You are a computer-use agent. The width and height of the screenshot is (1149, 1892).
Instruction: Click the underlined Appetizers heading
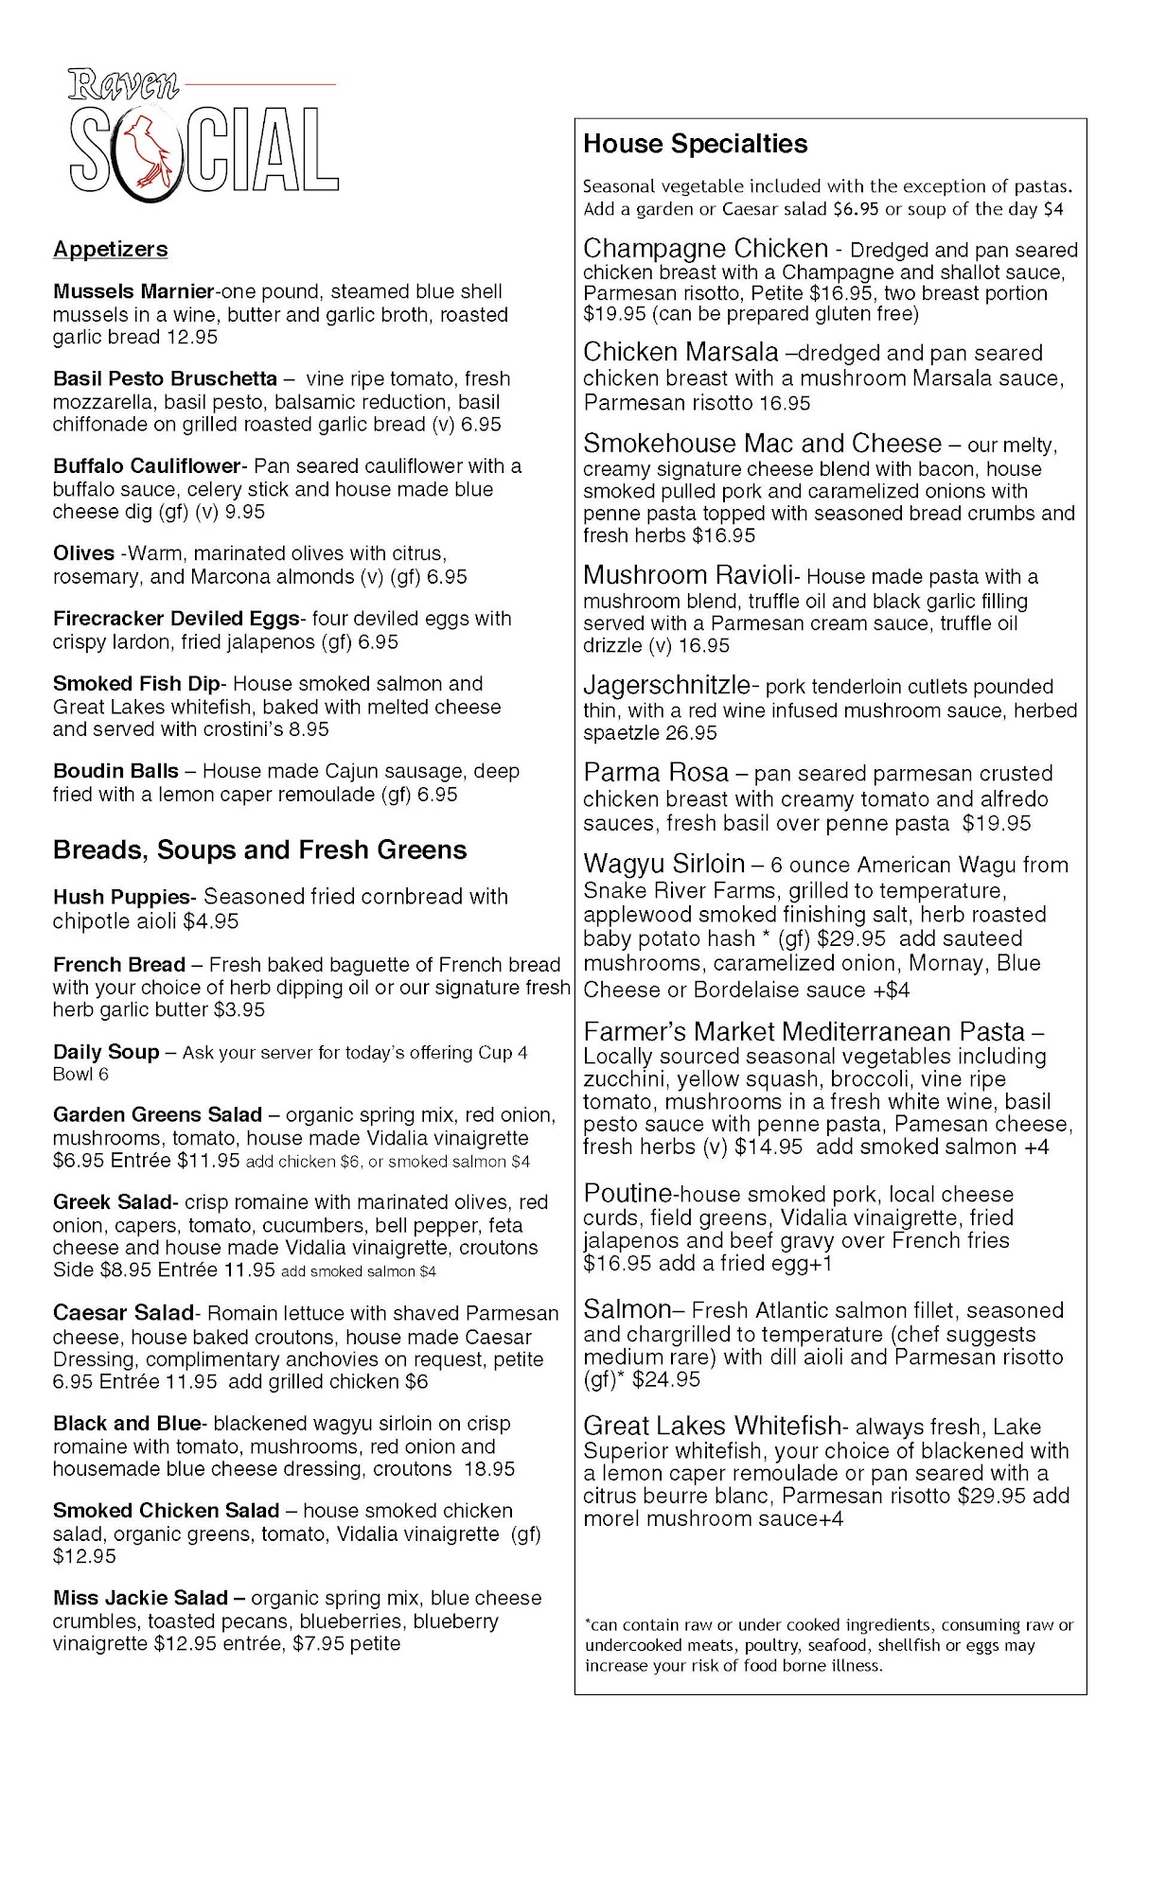110,249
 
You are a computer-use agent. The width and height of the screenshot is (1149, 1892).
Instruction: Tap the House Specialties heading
695,144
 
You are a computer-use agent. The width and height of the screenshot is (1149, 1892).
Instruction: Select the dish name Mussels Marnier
133,291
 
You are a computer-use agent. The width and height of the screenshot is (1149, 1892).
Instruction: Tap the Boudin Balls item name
115,771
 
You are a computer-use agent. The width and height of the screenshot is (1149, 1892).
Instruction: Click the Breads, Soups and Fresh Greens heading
259,850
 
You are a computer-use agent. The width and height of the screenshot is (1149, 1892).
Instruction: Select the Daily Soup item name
105,1052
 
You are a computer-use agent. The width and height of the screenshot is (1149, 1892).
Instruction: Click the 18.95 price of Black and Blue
489,1469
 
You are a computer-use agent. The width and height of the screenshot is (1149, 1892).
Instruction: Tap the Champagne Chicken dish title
705,249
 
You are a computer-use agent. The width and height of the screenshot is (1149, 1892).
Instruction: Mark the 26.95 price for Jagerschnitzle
691,733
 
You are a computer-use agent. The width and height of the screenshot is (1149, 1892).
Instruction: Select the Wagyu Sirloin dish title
663,864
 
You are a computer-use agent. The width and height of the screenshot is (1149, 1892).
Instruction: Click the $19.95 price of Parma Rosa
996,823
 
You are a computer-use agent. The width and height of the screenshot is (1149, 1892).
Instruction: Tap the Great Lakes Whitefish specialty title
712,1426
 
